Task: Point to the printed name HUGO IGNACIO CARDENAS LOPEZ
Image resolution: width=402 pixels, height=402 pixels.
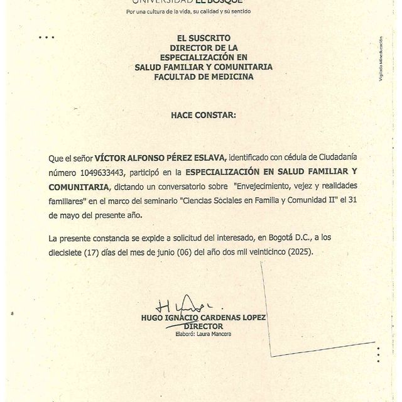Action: pos(204,318)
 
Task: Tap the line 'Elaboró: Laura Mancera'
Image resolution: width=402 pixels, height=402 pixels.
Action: pos(204,334)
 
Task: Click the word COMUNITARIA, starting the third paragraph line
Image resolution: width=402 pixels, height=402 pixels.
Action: pos(79,187)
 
